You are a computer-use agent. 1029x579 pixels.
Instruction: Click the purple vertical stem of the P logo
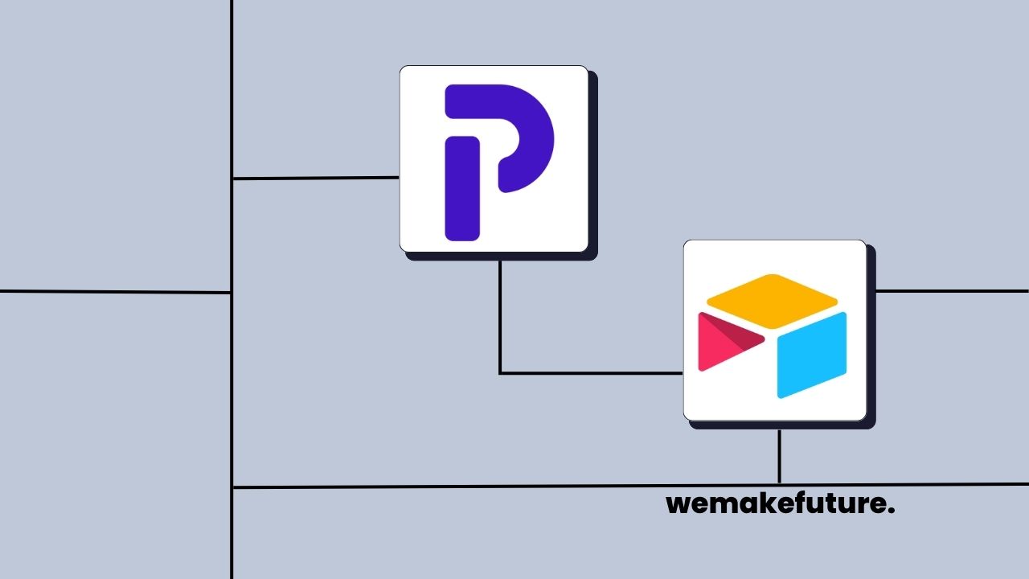[x=462, y=189]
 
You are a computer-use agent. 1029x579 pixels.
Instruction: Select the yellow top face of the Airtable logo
[x=772, y=301]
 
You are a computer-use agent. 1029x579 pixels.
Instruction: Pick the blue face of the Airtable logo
[x=812, y=354]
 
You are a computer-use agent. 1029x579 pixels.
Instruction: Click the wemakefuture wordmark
[x=780, y=504]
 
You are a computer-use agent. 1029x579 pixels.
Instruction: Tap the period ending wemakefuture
[x=892, y=511]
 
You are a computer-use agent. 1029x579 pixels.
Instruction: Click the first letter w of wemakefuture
[x=677, y=505]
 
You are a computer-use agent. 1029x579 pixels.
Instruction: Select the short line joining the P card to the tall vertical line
[x=315, y=178]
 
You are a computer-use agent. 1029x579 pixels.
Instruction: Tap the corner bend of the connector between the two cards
[x=500, y=373]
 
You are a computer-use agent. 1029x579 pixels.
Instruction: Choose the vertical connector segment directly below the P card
[x=500, y=314]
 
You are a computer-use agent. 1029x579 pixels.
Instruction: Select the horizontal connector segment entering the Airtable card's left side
[x=591, y=373]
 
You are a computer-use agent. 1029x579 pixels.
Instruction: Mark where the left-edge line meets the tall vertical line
[x=232, y=292]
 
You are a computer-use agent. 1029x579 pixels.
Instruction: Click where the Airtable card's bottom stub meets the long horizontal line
[x=779, y=485]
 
